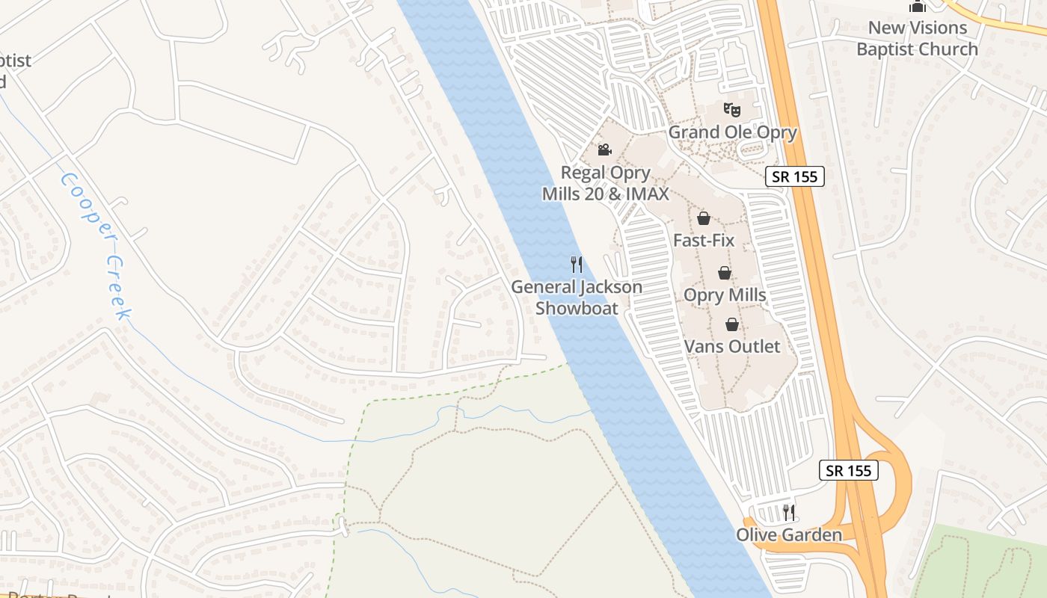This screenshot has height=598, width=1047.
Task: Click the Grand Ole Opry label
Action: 732,132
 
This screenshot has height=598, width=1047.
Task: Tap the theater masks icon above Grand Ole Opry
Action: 732,109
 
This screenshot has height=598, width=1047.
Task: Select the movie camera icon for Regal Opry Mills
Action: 604,149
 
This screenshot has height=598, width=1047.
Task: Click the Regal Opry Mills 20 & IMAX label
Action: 606,183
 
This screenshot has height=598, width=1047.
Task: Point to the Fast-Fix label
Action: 704,241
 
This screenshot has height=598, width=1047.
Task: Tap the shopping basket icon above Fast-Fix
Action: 704,218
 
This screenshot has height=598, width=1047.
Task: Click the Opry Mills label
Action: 725,295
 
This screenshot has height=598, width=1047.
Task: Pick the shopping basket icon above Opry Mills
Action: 725,273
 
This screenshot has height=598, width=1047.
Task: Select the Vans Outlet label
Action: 732,347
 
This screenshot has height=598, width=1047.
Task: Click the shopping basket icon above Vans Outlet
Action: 732,324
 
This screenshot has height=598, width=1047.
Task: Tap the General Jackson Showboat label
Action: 577,298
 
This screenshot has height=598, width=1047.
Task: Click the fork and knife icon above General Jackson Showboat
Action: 577,265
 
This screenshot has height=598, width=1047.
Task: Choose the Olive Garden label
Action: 789,535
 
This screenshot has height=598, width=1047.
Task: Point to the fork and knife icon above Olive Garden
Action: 789,512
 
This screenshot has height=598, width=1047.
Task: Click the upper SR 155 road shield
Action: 795,176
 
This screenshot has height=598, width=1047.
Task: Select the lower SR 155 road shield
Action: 848,470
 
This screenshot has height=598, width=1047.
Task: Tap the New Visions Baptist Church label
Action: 917,39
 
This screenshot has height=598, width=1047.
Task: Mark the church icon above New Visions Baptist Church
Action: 917,6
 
